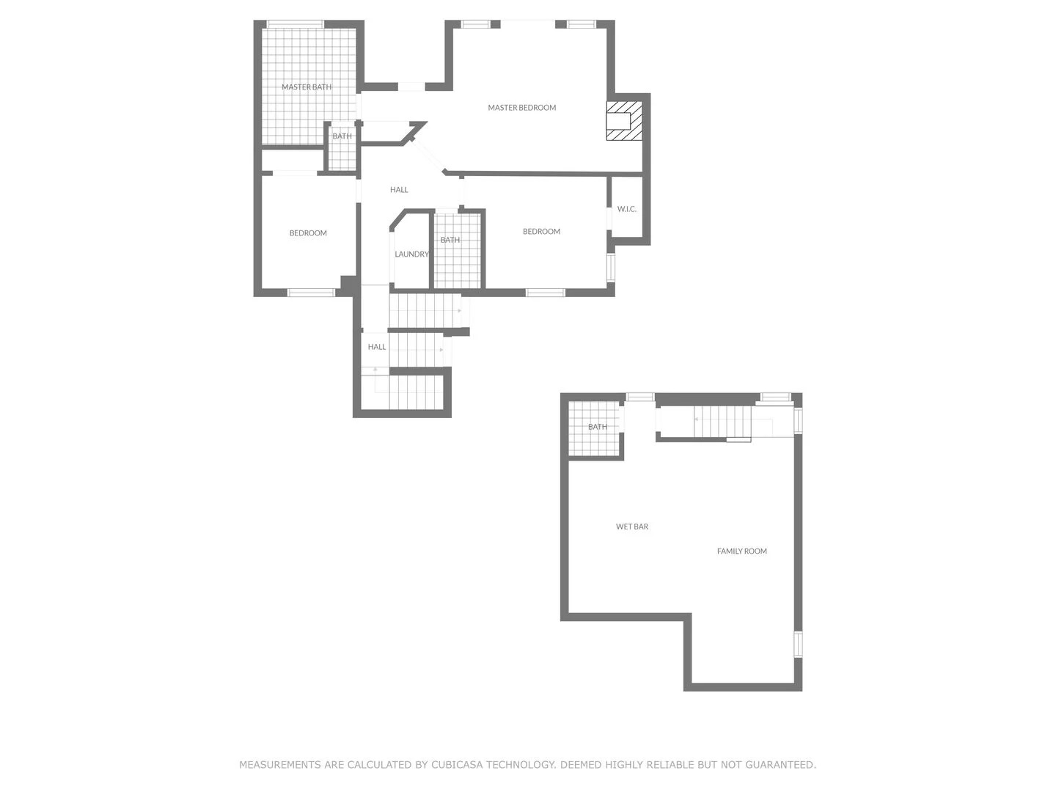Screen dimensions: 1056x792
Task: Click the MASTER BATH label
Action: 306,87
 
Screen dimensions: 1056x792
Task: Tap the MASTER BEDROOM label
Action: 521,108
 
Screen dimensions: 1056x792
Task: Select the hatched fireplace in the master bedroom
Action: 623,121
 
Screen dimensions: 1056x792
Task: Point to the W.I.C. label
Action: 626,209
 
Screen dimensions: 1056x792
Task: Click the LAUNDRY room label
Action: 411,254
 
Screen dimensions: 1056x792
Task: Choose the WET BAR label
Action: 631,527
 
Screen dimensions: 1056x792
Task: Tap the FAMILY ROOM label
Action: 741,551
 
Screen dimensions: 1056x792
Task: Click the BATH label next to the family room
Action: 597,427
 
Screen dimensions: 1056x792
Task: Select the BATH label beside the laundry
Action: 450,240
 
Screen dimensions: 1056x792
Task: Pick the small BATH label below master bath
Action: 342,136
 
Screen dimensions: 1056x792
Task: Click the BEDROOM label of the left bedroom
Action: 308,233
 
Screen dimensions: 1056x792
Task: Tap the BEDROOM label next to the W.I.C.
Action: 541,231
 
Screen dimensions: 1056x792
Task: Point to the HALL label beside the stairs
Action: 377,347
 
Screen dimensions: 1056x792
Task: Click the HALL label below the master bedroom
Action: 399,190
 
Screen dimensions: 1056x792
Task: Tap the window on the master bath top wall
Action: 296,24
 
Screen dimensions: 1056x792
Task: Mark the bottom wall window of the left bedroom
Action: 311,293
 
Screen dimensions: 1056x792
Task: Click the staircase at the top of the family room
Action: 722,421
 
